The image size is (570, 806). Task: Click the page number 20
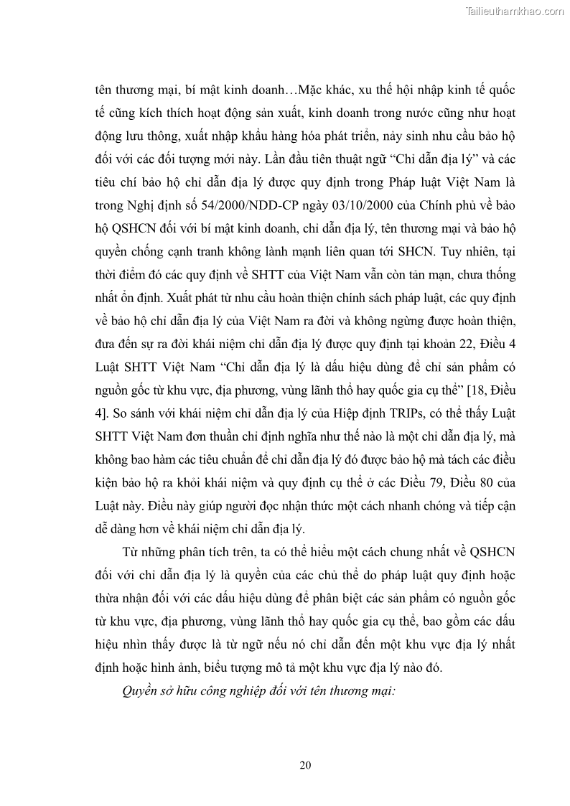(x=305, y=765)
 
